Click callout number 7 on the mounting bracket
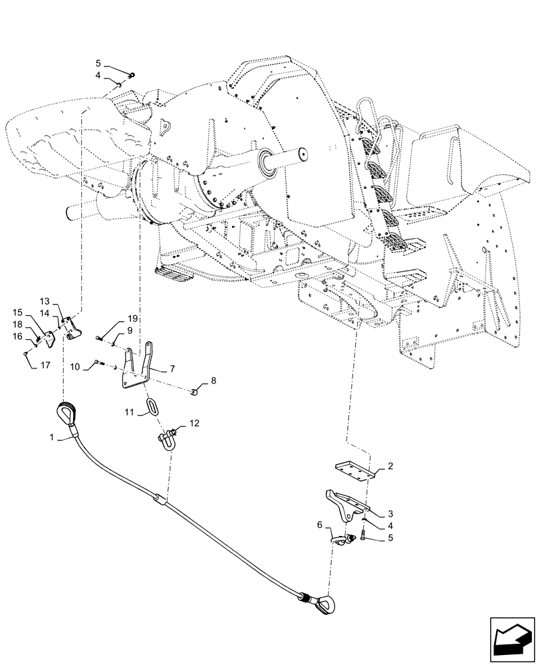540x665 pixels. (172, 367)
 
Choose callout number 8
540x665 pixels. (213, 381)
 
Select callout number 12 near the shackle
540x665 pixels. (194, 423)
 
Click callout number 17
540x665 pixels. (46, 364)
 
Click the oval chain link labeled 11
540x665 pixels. (154, 406)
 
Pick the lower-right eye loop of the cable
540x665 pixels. (328, 604)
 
